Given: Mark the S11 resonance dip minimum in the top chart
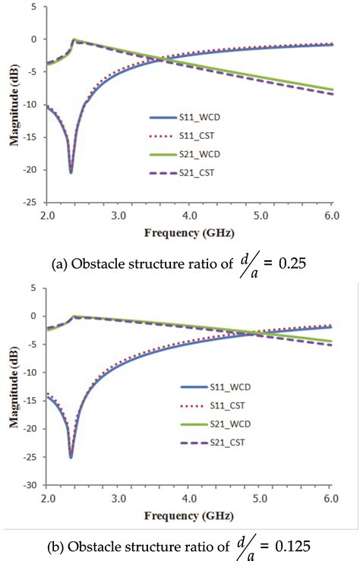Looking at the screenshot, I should tap(71, 172).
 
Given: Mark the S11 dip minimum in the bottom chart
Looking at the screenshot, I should tap(71, 457).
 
